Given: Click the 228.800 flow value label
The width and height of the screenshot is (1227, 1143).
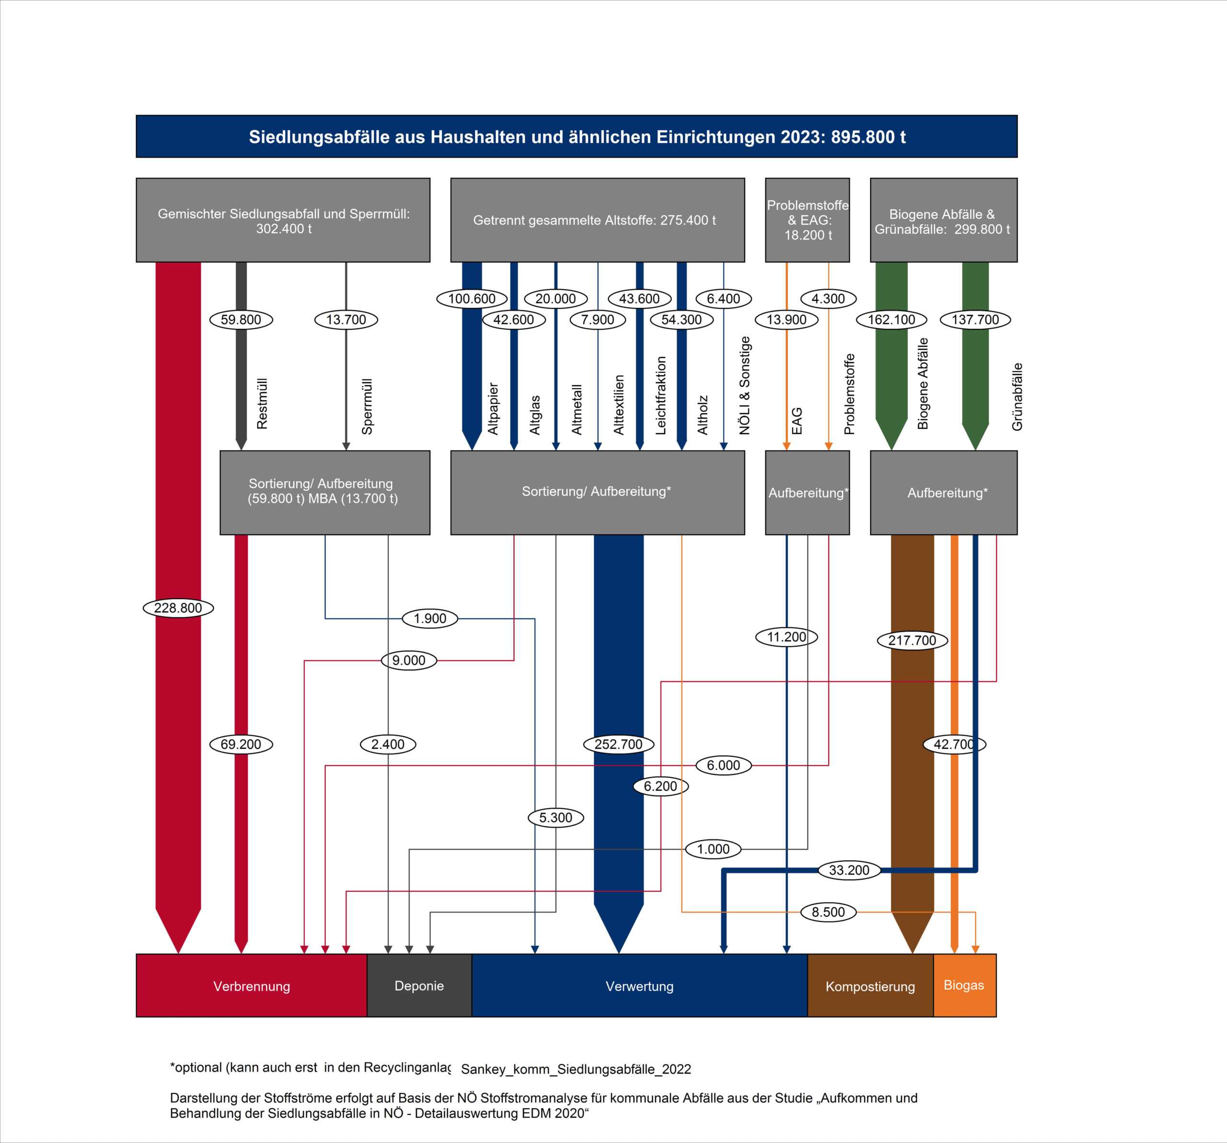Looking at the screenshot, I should coord(178,608).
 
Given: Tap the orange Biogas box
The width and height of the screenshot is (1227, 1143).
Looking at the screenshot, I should coord(964,985).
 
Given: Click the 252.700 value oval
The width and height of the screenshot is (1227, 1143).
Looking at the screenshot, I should coord(618,744).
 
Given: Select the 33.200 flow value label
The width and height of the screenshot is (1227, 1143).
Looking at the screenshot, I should coord(849,870).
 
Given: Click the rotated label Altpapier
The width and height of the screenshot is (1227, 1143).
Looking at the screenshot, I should coord(493,409).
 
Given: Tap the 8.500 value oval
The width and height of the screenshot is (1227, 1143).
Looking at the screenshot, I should coord(828,912).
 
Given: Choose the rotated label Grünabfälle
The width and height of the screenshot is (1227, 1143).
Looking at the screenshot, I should coord(1017,396).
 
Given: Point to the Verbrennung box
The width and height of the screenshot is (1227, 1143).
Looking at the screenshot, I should coord(251,986).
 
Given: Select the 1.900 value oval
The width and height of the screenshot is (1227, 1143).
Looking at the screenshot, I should coord(429,618).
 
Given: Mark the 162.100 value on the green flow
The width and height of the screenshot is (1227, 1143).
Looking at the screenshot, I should coord(891,320).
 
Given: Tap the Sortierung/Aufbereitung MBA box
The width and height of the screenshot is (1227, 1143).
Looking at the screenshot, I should coord(324,492).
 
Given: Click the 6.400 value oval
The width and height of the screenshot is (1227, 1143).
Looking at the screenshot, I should coord(723,299).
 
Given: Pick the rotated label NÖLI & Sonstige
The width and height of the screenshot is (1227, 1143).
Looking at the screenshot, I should coord(745,385).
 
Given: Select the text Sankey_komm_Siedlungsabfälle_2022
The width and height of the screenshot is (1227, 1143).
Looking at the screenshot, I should coord(576,1069).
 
